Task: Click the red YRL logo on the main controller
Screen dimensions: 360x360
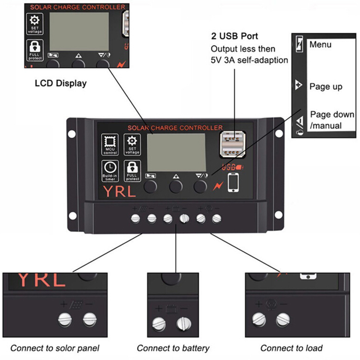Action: coord(120,192)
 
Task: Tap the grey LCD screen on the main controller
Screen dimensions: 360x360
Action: coord(176,153)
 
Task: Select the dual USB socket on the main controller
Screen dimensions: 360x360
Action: coord(232,143)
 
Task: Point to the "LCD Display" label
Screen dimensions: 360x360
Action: coord(61,83)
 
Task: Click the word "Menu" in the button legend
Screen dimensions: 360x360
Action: coord(320,45)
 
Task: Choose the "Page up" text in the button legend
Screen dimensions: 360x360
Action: coord(326,87)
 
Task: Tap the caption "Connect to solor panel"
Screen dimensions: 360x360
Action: coord(55,348)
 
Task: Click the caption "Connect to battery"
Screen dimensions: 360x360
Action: coord(173,348)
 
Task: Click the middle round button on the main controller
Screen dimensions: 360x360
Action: coord(176,186)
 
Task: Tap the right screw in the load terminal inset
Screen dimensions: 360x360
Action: coord(283,319)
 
